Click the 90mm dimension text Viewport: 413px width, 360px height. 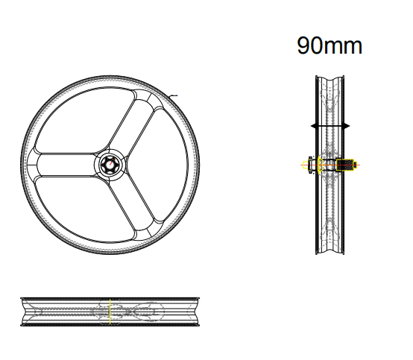click(x=330, y=45)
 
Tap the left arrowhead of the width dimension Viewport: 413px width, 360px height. click(x=313, y=126)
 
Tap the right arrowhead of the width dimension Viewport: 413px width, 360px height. click(x=347, y=126)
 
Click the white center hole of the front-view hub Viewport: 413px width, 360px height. click(x=110, y=164)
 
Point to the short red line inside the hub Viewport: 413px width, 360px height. click(x=112, y=162)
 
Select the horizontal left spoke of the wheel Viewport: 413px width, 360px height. click(x=66, y=165)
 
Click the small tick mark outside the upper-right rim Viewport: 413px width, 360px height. click(x=173, y=96)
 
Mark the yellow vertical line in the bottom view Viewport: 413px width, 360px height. click(x=110, y=312)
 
